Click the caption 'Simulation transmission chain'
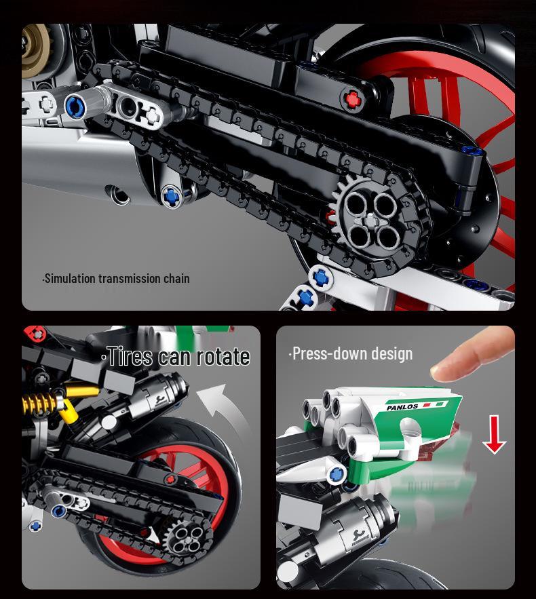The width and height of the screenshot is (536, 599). point(116,279)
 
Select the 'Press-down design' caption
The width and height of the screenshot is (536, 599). point(351,353)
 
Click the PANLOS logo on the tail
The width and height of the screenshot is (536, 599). point(402,407)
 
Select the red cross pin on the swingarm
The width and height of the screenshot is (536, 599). point(352,99)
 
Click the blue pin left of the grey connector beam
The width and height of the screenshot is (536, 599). point(75,107)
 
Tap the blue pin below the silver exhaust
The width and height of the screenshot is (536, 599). point(172,197)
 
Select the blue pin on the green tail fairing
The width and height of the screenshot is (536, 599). point(336,475)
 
